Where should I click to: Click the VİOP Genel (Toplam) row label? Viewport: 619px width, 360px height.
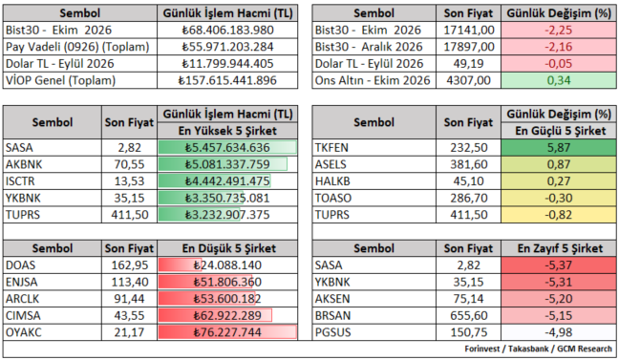[x=60, y=80]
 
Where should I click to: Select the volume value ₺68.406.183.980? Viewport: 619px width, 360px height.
[x=227, y=30]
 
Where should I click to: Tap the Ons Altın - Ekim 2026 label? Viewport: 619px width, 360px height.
[x=373, y=80]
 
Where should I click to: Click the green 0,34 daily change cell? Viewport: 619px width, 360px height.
[x=559, y=80]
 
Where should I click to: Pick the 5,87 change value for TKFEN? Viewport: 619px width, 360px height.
[x=559, y=148]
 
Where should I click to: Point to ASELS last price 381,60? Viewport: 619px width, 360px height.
[x=469, y=164]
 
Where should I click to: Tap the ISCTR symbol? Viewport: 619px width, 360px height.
[x=20, y=181]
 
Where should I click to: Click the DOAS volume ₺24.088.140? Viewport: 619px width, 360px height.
[x=227, y=265]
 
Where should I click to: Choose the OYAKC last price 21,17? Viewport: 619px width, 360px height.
[x=129, y=332]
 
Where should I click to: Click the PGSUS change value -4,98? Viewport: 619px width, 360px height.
[x=559, y=332]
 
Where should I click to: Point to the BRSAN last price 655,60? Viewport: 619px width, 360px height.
[x=469, y=316]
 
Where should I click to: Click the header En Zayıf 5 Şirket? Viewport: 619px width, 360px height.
[x=560, y=248]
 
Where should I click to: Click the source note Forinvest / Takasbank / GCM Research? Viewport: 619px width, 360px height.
[x=538, y=349]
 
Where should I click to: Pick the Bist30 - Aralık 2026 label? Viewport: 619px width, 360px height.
[x=369, y=47]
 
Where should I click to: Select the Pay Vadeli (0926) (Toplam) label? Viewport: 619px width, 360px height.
[x=77, y=47]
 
